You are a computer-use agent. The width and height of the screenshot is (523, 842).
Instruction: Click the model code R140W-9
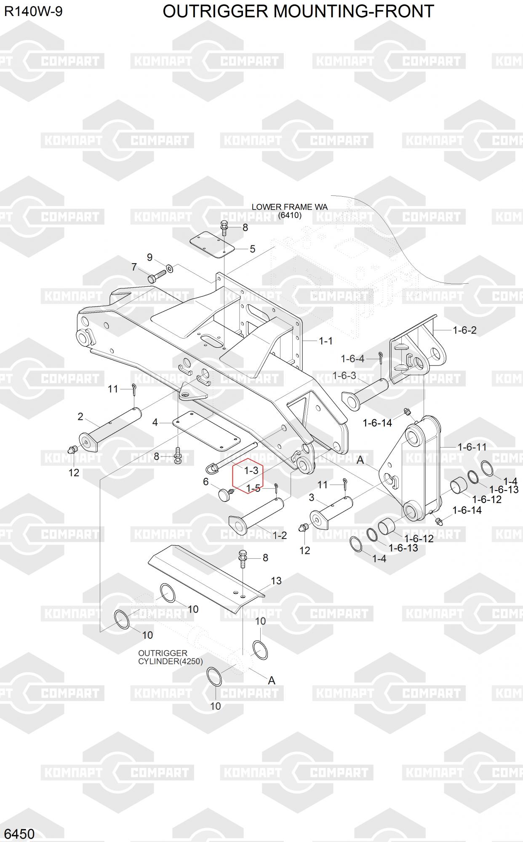point(33,11)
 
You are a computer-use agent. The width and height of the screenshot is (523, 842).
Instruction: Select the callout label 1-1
point(326,341)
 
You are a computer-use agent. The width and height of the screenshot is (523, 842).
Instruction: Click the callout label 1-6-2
point(464,330)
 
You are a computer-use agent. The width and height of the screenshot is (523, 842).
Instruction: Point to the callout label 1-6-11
point(472,447)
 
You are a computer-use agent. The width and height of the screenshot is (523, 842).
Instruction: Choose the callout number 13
point(276,581)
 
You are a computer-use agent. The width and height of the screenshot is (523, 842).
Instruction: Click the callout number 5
point(252,249)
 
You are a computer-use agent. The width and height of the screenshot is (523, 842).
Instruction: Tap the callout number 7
point(134,267)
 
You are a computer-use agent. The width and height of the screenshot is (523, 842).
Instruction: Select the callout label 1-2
point(280,535)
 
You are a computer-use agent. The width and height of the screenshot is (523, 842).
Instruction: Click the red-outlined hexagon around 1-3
point(248,476)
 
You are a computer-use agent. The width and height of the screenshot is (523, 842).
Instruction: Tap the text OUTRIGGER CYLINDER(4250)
point(170,657)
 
